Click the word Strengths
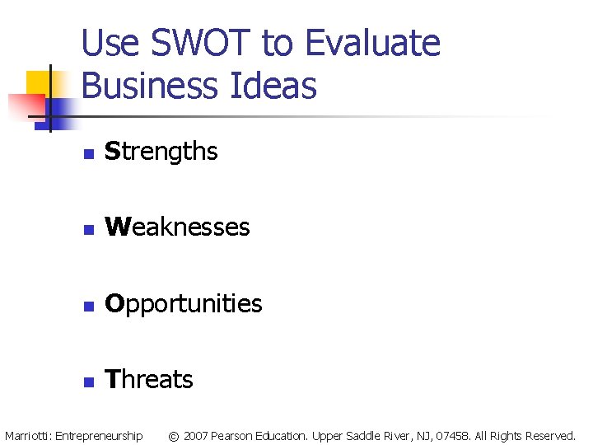tap(161, 152)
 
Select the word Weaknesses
tap(177, 227)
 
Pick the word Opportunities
tap(184, 304)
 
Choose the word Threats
tap(149, 380)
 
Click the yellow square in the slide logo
tap(39, 82)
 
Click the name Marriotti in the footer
tap(26, 435)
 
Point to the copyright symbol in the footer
tap(173, 435)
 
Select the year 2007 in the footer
tap(195, 435)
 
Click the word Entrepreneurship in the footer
tap(98, 435)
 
